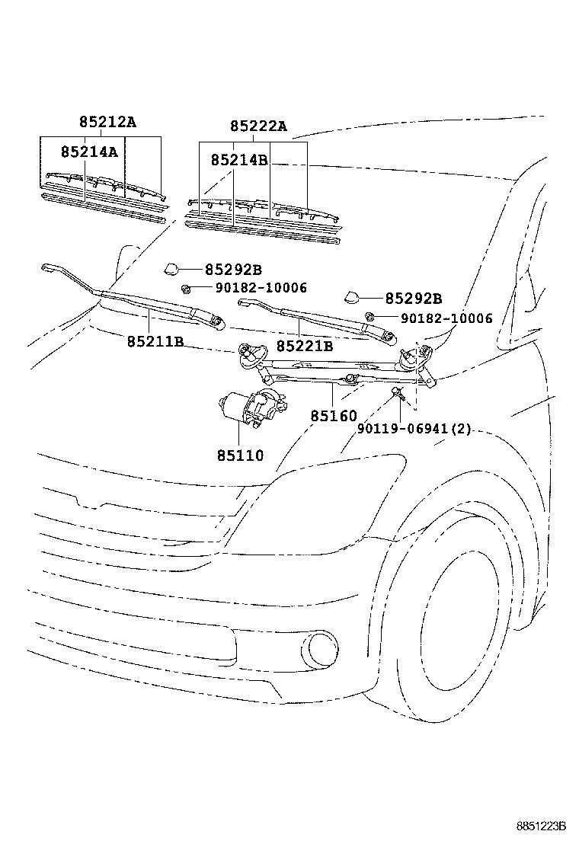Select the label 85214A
(89, 152)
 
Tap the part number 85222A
(258, 126)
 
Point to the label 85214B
(239, 160)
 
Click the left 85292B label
(233, 270)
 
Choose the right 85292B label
(413, 299)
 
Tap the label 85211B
(155, 341)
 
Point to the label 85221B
(305, 347)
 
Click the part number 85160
(333, 416)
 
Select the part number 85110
(240, 455)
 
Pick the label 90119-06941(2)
(414, 429)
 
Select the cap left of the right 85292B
(353, 297)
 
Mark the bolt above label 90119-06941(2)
(397, 392)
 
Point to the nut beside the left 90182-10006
(185, 288)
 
